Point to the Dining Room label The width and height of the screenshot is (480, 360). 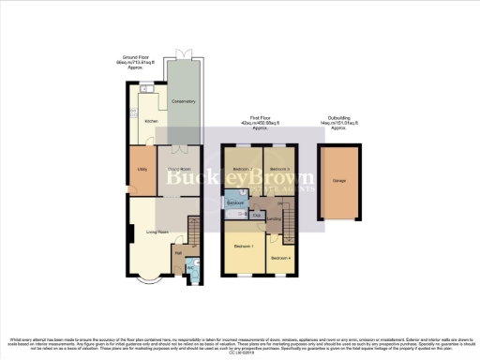coord(179,170)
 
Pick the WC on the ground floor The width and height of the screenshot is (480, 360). coord(192,266)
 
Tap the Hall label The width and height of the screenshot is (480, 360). coord(177,251)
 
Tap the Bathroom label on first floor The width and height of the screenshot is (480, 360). coord(236,203)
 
